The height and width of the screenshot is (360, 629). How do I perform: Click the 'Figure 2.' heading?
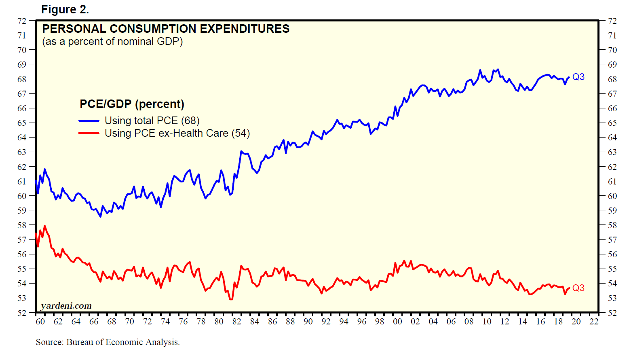[65, 9]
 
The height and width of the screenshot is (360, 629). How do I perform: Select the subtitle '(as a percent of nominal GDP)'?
[112, 41]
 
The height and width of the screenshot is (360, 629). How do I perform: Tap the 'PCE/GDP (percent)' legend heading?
[132, 104]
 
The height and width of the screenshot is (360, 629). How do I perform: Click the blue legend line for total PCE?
[89, 121]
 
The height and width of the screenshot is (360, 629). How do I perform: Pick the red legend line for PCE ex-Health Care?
[89, 133]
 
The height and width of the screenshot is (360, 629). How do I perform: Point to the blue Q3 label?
[578, 77]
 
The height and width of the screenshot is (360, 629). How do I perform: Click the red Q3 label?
[578, 288]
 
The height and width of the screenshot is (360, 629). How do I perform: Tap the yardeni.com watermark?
[66, 305]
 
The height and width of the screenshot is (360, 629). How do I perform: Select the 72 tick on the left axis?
[22, 21]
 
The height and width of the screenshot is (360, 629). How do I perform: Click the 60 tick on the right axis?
[612, 196]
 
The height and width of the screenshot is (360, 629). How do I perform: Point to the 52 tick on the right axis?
[612, 313]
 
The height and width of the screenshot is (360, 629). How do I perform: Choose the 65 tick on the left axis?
[22, 123]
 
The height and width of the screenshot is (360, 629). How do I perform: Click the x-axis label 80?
[219, 322]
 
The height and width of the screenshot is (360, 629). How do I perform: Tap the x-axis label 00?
[397, 322]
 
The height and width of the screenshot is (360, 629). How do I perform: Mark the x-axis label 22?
[594, 322]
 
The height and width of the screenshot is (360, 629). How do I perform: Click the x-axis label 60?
[40, 322]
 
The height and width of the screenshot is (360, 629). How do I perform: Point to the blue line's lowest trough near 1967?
[100, 216]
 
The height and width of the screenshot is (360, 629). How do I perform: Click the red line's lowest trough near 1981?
[231, 299]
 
